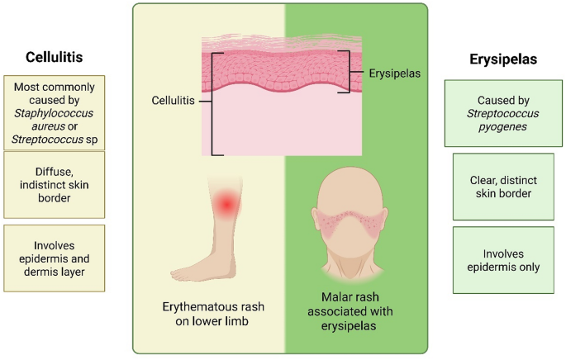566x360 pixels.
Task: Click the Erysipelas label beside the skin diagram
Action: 395,73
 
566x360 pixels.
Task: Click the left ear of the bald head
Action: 318,224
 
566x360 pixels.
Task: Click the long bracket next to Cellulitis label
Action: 214,103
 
